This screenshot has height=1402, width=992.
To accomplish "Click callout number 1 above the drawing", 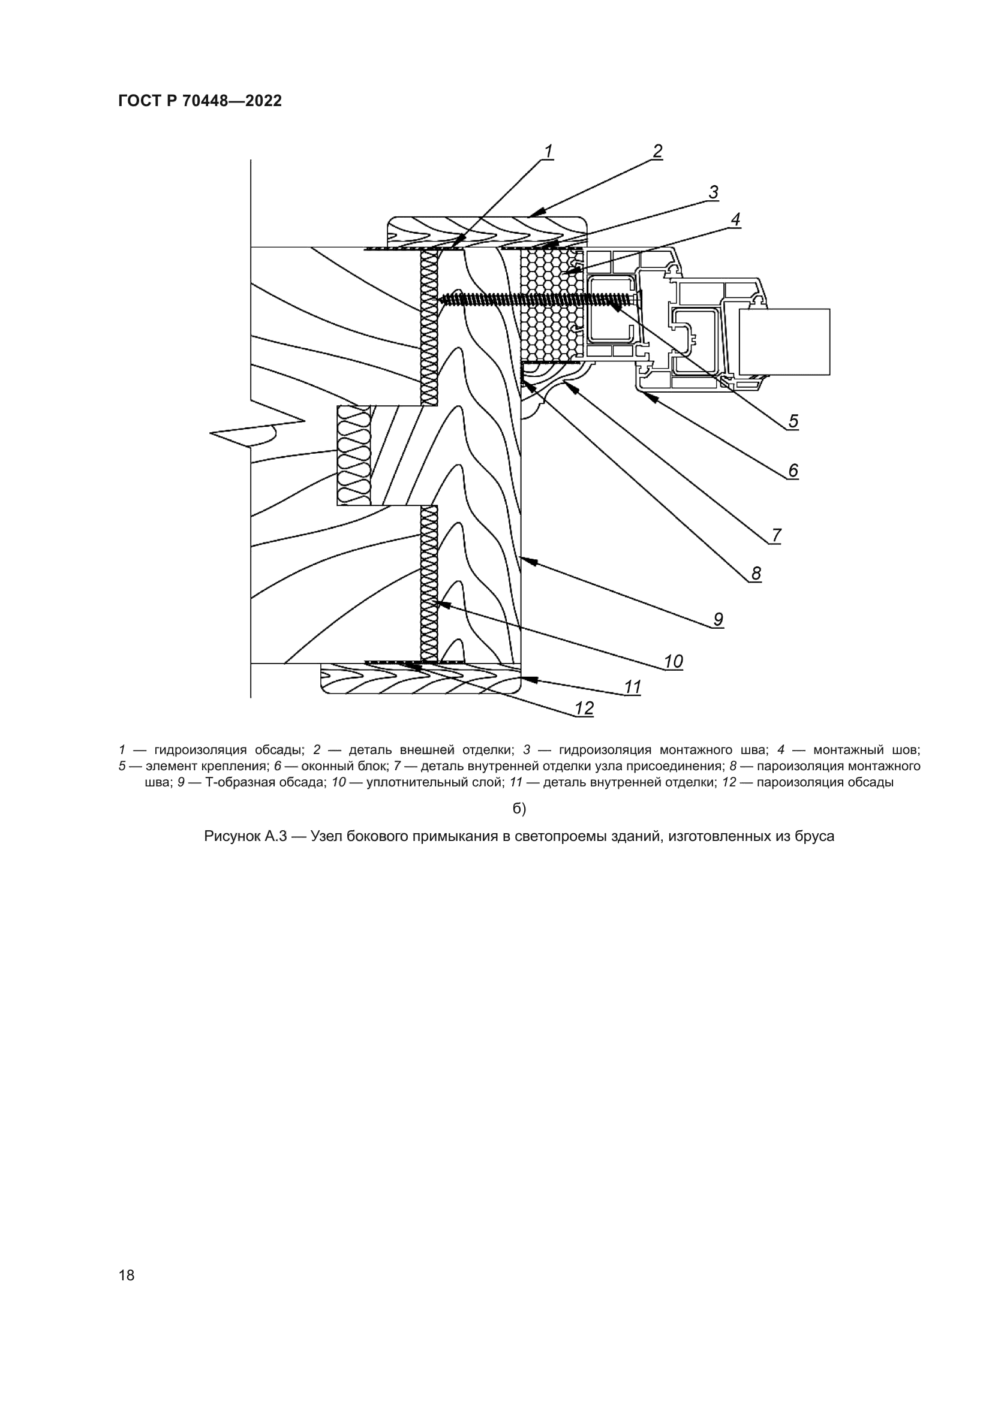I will (549, 151).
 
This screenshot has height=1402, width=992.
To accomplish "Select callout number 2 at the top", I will (657, 151).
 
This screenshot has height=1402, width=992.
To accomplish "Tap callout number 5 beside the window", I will (793, 421).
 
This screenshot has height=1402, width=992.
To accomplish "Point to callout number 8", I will (756, 574).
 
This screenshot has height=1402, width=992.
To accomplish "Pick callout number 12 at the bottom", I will (584, 708).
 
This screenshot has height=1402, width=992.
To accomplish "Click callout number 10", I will (673, 661).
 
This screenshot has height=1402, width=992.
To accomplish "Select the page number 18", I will (127, 1275).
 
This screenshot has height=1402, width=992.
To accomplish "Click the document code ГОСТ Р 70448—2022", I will (200, 101).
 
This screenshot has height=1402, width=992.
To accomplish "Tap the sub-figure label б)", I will (519, 809).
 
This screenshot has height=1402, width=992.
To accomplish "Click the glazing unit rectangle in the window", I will (784, 341).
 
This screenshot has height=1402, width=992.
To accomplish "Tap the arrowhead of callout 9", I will (525, 559).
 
